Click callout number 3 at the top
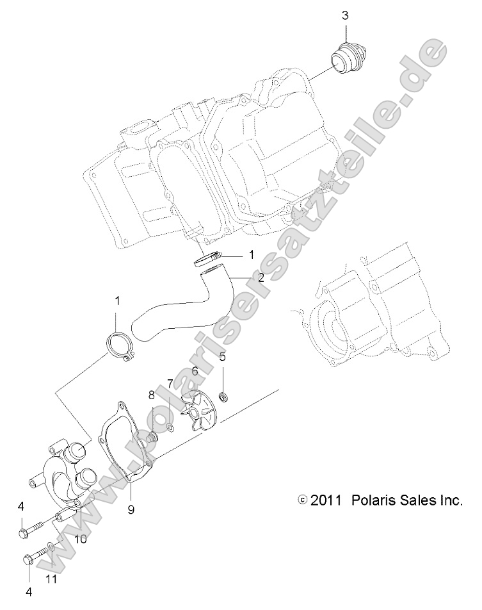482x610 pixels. point(344,15)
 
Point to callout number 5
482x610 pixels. point(222,356)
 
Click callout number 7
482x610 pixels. point(170,383)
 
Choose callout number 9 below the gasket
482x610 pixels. point(131,492)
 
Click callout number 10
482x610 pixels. point(80,539)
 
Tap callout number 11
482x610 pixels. point(52,580)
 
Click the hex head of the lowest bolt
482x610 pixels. point(28,559)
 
